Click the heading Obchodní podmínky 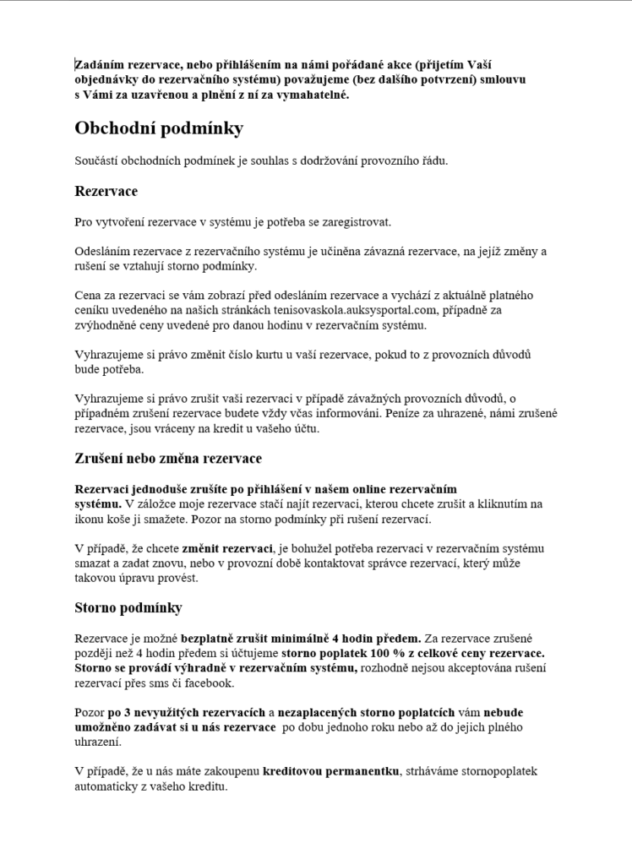pos(159,128)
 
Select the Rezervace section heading pos(106,192)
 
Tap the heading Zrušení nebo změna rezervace pos(168,459)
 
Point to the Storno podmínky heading pos(128,608)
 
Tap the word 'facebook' pos(209,683)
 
